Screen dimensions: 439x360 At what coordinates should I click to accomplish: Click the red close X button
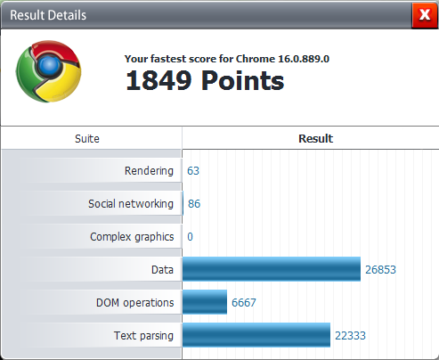425,15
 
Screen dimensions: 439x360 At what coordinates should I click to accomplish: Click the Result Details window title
48,15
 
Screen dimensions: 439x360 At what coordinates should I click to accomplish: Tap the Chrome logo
48,71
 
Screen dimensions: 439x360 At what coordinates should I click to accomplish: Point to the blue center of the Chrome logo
49,66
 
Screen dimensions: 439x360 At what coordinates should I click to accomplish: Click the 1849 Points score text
205,80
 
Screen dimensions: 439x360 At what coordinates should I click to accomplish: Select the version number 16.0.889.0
304,59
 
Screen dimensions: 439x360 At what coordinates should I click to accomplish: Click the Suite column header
87,139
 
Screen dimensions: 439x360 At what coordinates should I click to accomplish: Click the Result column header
316,139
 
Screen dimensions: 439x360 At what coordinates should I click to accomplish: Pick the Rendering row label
149,171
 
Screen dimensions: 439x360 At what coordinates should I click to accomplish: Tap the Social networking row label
131,204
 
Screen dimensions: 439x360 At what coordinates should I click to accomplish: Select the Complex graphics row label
132,237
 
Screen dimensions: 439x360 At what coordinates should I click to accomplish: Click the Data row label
162,270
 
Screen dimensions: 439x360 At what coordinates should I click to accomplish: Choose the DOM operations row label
135,303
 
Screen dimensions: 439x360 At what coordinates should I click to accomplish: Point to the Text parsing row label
143,336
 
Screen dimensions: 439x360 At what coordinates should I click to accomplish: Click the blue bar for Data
272,269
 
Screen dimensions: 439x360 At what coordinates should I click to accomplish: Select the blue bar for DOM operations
205,302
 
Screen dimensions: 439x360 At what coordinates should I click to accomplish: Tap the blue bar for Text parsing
256,335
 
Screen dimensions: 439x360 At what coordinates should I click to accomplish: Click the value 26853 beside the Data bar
380,270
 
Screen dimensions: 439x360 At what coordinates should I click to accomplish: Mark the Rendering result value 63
193,171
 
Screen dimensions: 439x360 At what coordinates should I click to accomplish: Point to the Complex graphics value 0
190,237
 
